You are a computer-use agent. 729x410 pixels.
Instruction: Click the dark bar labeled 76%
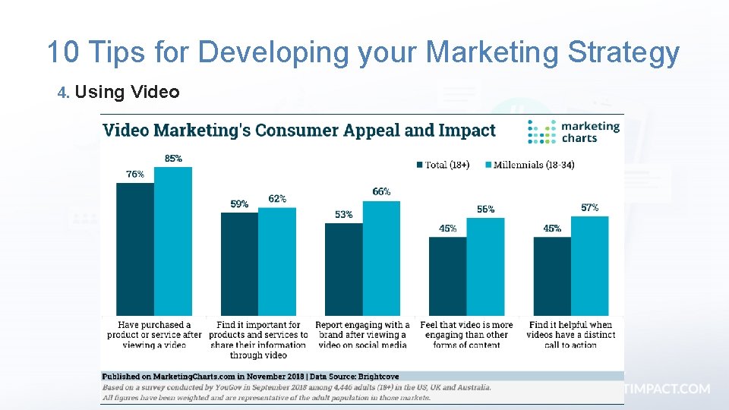(135, 249)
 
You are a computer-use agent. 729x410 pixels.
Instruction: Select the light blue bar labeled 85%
(173, 241)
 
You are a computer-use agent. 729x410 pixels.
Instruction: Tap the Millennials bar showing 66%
(381, 258)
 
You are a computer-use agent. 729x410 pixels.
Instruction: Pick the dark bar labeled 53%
(343, 270)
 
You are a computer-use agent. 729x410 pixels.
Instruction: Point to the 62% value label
(277, 199)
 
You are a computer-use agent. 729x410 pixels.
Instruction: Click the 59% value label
(239, 204)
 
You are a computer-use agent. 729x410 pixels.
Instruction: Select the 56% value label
(486, 209)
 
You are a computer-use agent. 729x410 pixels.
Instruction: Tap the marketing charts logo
(574, 132)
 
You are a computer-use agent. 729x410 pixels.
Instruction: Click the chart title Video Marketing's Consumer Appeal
(298, 130)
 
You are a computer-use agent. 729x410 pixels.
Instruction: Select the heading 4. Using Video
(119, 93)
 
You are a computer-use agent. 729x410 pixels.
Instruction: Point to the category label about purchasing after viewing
(154, 335)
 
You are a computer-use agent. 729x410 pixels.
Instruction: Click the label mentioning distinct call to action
(570, 335)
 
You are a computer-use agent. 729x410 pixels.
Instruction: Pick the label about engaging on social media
(362, 335)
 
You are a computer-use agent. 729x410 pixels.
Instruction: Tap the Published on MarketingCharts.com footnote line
(251, 376)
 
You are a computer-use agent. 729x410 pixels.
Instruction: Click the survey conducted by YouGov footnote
(296, 386)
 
